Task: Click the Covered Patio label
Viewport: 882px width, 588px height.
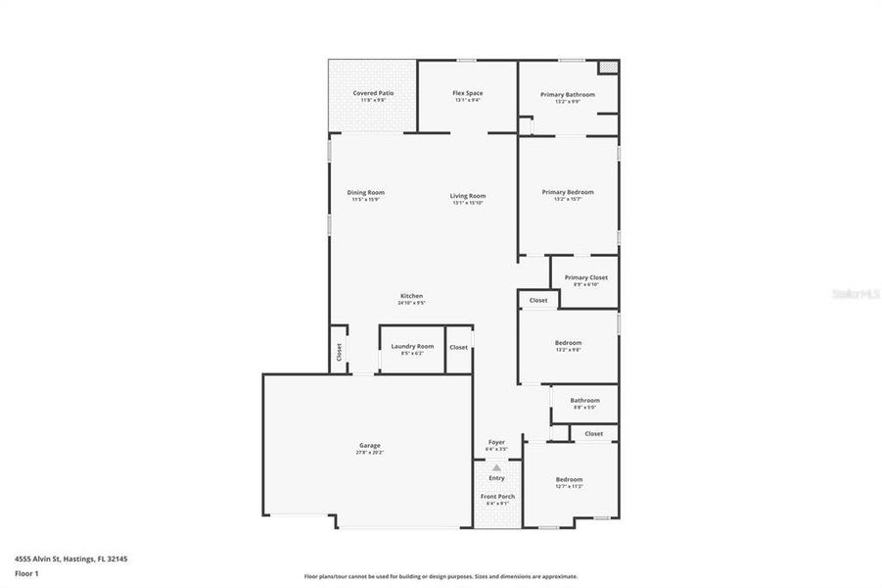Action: coord(373,93)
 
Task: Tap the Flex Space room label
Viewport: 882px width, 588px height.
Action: coord(467,93)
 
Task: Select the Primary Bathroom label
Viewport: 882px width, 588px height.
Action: coord(568,95)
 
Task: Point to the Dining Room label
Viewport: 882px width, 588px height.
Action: coord(366,193)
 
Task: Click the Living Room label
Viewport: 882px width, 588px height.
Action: coord(468,196)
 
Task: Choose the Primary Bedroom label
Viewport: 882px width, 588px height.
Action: coord(568,193)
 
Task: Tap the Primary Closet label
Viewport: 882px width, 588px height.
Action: coord(585,277)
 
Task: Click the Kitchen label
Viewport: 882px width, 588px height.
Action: coord(411,297)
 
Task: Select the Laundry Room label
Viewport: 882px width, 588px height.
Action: coord(412,346)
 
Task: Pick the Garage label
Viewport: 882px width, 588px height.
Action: coord(369,446)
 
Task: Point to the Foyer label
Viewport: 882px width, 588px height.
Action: coord(496,443)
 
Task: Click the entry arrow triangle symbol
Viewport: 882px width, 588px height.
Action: coord(496,467)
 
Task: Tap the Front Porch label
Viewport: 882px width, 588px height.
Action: coord(497,497)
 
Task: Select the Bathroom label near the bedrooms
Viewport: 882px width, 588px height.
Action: coord(584,400)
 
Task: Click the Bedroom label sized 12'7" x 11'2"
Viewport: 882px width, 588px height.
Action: coord(569,480)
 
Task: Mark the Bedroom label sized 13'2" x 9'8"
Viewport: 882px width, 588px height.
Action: coord(568,343)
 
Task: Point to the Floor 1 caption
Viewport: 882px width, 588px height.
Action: coord(26,573)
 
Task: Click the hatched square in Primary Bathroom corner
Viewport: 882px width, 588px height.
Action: coord(608,68)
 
